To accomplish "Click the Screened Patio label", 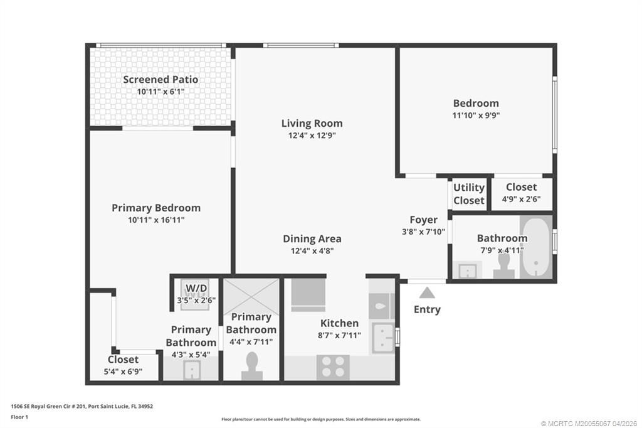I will [160, 80].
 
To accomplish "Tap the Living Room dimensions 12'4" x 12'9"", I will [312, 135].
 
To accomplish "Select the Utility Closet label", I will [469, 194].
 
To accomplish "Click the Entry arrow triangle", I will [427, 292].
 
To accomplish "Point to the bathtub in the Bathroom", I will [536, 247].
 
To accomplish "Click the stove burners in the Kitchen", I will [333, 367].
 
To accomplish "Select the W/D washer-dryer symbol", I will [196, 290].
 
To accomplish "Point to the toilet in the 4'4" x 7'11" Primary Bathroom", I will [251, 366].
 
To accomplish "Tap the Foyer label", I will [424, 220].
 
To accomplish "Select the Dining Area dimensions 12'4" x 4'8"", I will [312, 250].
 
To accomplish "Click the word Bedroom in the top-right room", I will [476, 103].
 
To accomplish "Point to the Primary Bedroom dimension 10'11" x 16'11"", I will [156, 220].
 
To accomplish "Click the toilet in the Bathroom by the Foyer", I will [503, 269].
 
